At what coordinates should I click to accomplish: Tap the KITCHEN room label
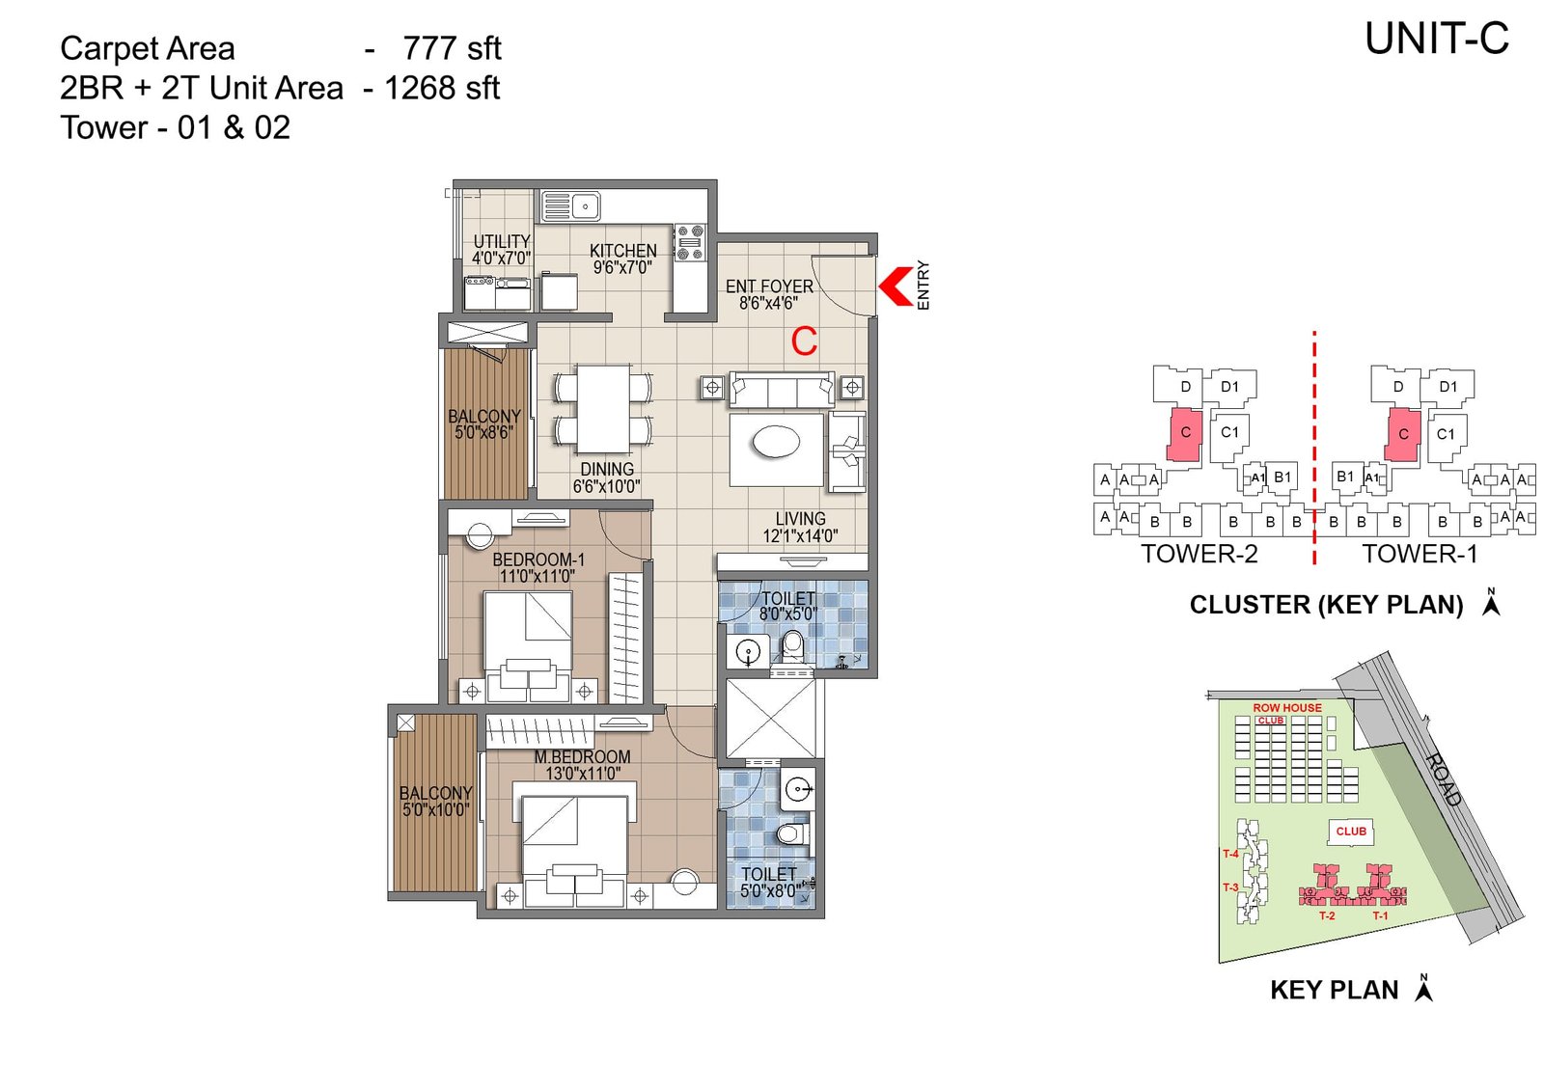pos(622,251)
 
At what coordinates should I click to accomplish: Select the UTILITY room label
pos(501,241)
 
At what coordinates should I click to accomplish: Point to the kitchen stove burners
pos(689,242)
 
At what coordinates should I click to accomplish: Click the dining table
pos(603,408)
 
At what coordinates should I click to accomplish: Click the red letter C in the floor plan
pos(804,341)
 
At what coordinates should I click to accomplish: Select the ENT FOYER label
pos(768,286)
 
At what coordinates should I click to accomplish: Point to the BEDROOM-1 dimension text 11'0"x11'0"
pos(537,577)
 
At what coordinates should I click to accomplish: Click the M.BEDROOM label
pos(582,757)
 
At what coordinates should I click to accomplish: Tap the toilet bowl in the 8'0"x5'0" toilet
pos(792,644)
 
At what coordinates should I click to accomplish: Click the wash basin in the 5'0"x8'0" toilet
pos(798,790)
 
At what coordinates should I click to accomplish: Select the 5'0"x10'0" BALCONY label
pos(435,793)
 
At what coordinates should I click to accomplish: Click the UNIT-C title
pos(1436,40)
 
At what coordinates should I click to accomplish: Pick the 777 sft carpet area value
pos(452,48)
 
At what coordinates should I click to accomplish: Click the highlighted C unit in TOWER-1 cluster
pos(1403,434)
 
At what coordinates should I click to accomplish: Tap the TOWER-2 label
pos(1199,554)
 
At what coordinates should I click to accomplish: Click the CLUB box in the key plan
pos(1350,832)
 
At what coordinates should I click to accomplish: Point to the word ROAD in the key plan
pos(1444,779)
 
